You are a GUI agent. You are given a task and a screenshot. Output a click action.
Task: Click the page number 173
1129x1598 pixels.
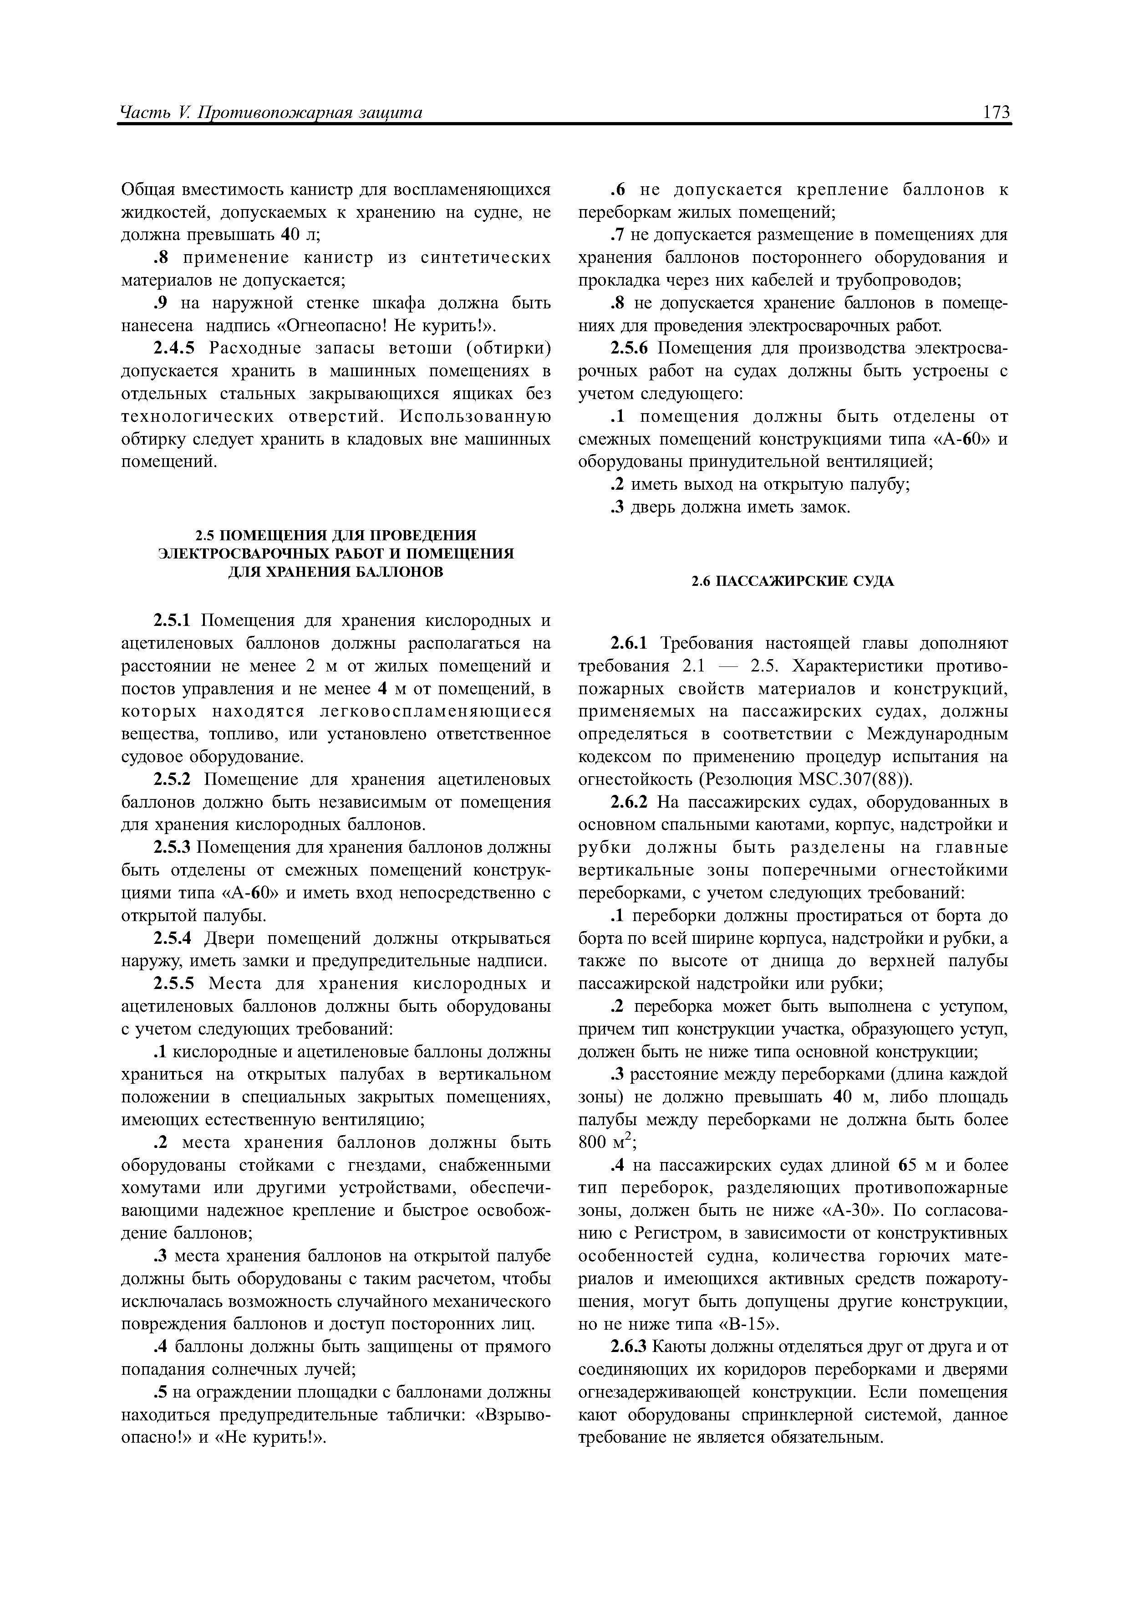click(996, 112)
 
